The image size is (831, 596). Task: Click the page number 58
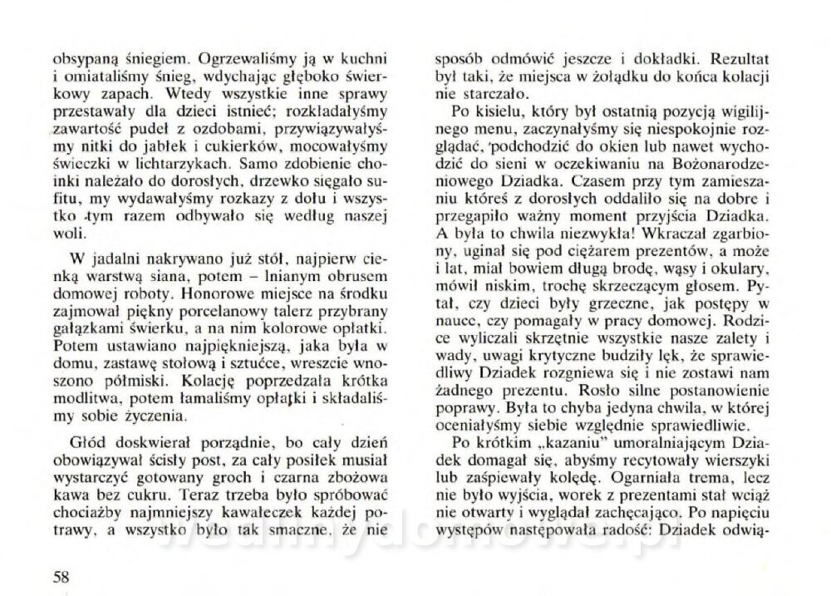click(60, 575)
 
